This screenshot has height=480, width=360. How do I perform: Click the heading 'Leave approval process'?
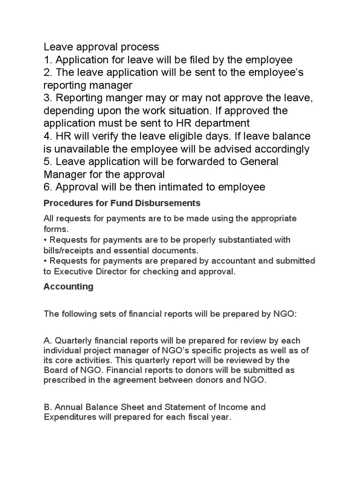101,47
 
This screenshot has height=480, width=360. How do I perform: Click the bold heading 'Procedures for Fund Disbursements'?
122,203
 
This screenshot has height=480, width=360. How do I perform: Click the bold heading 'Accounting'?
68,287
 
